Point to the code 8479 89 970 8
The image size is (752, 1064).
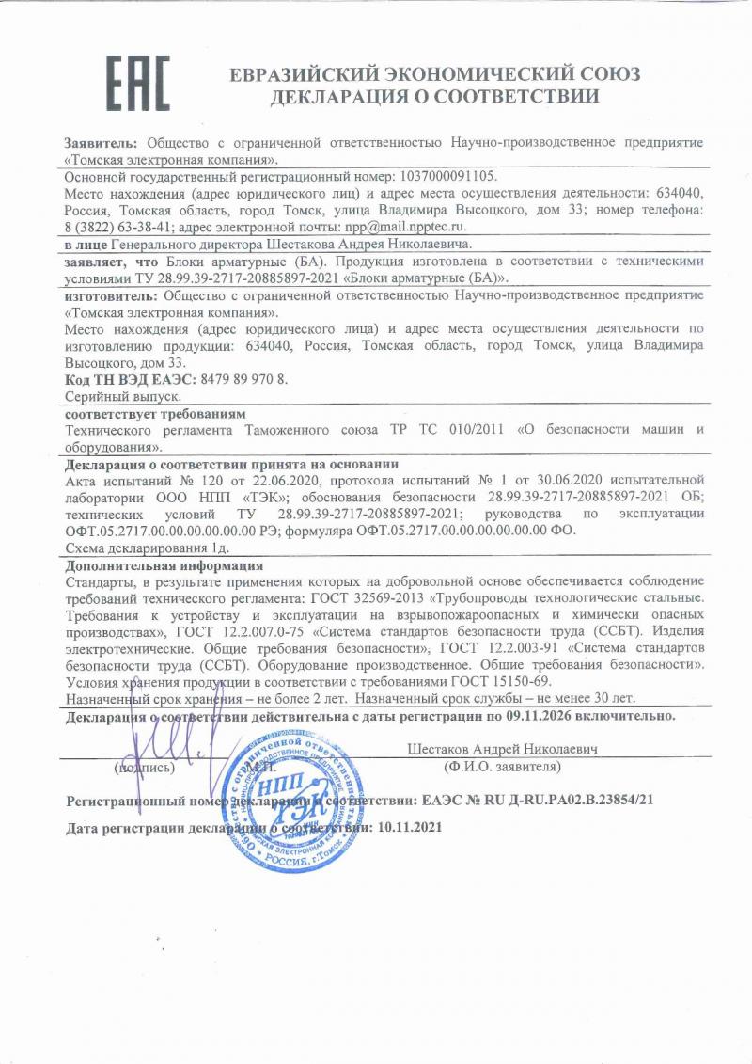(242, 380)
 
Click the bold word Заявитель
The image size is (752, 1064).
(101, 141)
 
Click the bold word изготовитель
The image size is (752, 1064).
(103, 294)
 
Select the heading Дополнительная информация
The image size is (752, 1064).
(164, 565)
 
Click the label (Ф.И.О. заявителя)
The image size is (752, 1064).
(502, 767)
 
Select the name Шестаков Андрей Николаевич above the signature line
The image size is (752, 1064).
(503, 749)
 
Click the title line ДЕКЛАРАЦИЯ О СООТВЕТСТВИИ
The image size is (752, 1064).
(434, 96)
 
